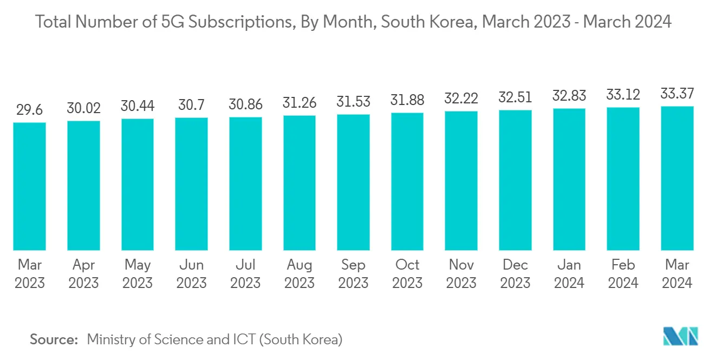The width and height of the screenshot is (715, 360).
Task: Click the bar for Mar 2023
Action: point(29,186)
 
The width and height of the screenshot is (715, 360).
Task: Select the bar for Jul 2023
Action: point(245,184)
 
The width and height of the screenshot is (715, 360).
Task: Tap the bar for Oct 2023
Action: point(407,181)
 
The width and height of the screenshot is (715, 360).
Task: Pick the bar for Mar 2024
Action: point(677,178)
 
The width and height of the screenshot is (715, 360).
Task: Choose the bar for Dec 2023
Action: point(515,180)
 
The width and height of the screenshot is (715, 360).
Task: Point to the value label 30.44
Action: point(138,106)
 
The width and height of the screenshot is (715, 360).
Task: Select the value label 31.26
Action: point(300,102)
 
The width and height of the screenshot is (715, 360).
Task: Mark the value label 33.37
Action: point(677,94)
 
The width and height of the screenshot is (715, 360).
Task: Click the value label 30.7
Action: point(191,105)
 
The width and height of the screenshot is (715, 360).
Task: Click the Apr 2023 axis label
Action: point(83,273)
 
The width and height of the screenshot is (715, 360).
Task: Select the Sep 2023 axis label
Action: point(353,273)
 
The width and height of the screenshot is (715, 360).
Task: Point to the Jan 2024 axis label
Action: point(569,273)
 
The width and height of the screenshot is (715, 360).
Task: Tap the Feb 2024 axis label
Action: point(623,273)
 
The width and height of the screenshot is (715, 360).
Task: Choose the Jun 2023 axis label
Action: point(191,273)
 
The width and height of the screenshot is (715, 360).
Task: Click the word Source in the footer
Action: point(54,339)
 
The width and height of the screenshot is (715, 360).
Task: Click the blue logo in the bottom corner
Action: point(681,337)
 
